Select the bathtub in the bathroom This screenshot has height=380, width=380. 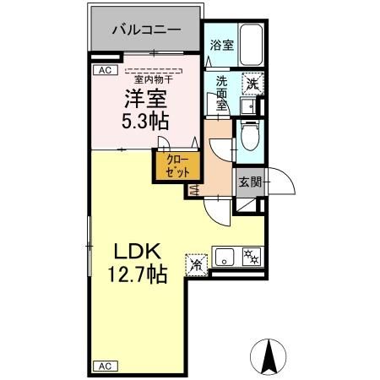click(251, 46)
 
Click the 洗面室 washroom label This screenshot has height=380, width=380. click(220, 93)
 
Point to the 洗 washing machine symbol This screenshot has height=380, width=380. click(252, 83)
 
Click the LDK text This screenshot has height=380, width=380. click(134, 252)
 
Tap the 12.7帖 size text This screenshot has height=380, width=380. click(135, 275)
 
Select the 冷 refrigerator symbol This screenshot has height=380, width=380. click(198, 264)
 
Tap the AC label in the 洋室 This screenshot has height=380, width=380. click(105, 71)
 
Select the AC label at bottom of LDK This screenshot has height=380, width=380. click(104, 366)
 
